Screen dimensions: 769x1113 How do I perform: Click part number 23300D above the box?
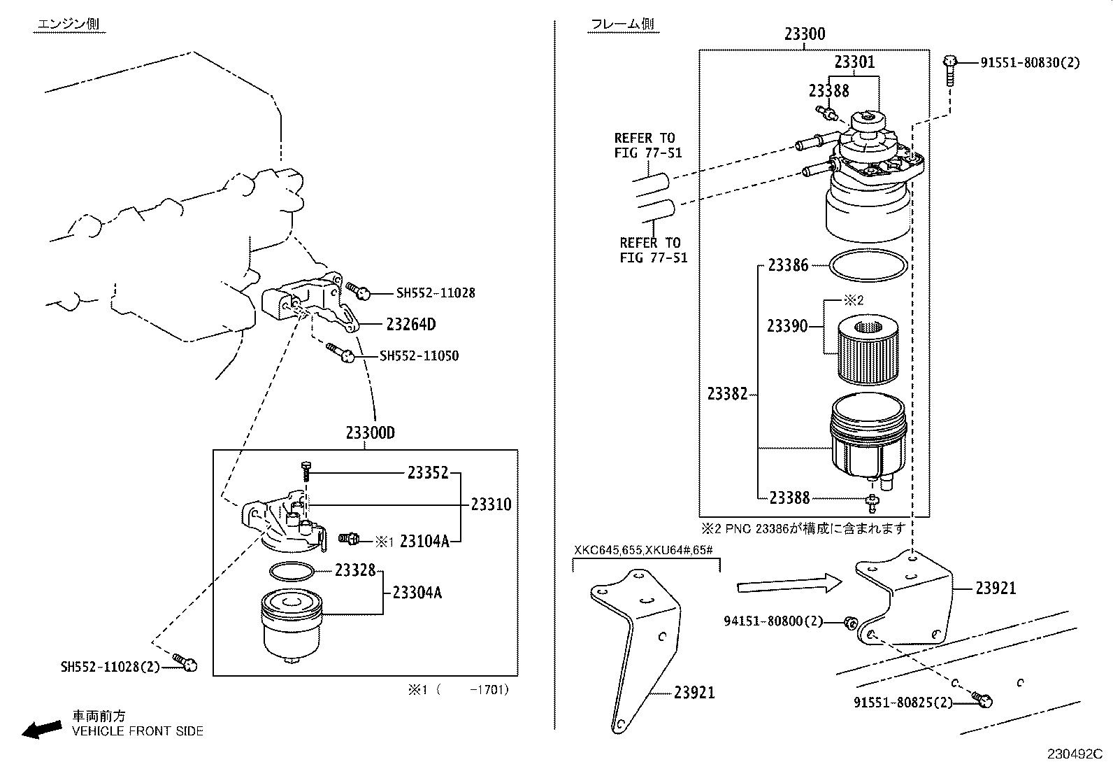(x=370, y=433)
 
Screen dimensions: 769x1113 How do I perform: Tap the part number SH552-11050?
(x=419, y=356)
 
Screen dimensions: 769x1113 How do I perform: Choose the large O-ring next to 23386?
(x=868, y=267)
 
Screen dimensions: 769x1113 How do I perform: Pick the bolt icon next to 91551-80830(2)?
(x=950, y=69)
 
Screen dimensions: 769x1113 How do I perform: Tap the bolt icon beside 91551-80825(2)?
(x=983, y=698)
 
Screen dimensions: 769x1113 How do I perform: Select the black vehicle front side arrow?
(x=41, y=730)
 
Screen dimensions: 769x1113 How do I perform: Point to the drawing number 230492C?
(x=1074, y=755)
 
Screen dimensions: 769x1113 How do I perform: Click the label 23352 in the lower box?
(x=428, y=474)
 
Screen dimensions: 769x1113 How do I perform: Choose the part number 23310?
(x=491, y=505)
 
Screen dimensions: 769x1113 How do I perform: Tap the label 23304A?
(x=417, y=593)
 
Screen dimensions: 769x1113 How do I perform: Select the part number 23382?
(x=727, y=394)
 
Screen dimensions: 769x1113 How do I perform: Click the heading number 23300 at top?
(x=804, y=34)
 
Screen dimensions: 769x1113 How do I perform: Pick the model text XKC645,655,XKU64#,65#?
(x=643, y=549)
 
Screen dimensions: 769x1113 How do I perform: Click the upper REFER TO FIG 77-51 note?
(x=648, y=145)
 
